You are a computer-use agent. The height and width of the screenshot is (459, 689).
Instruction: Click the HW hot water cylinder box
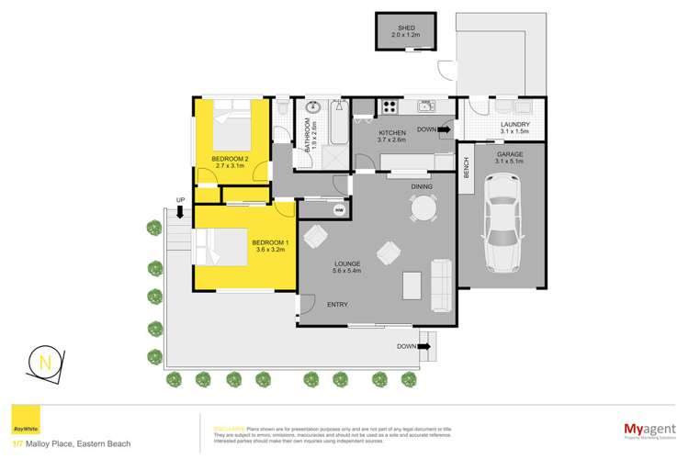click(339, 210)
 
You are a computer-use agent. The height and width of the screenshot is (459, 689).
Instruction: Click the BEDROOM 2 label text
click(231, 159)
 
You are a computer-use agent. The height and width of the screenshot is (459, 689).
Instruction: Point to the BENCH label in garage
click(467, 167)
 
